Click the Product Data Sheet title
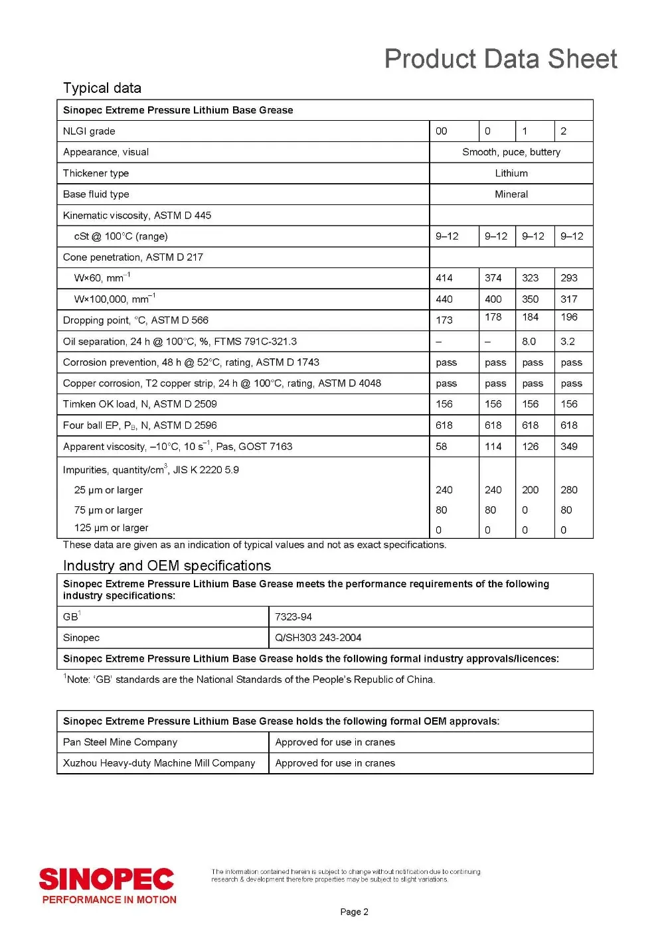tap(501, 59)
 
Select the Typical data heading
tap(102, 88)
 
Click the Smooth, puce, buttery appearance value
tap(511, 152)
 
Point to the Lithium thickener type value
tap(511, 173)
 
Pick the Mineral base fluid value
tap(511, 194)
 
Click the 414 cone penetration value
tap(444, 278)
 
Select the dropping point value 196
tap(569, 317)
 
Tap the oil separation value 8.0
tap(529, 342)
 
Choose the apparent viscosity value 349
tap(569, 447)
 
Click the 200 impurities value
tap(531, 490)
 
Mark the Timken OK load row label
tap(140, 404)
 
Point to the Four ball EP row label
tap(140, 425)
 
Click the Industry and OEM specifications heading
tap(167, 566)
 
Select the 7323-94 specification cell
tap(293, 617)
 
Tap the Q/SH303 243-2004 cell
tap(318, 638)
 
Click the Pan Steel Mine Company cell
tap(120, 743)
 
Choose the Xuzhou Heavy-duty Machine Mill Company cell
tap(159, 763)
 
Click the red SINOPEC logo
tap(107, 880)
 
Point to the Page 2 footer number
tap(354, 912)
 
